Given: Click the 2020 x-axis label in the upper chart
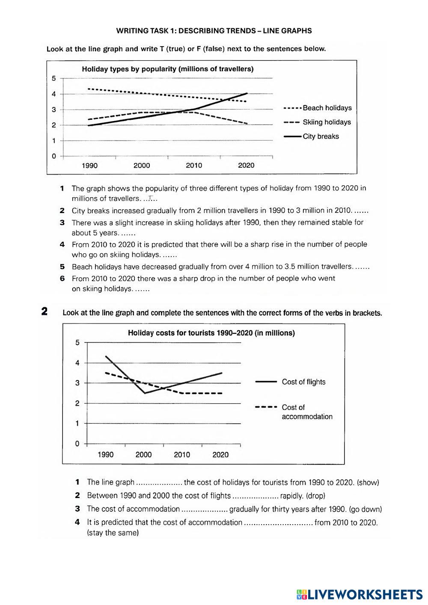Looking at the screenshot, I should coord(246,166).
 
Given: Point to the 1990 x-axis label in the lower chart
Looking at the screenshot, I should coord(106,455).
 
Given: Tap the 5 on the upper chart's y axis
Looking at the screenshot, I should coord(54,78).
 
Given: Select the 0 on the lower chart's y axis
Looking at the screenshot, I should coord(77,444).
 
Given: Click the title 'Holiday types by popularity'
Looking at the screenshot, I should coord(167,69).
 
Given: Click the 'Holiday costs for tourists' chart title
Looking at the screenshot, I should coord(211,333).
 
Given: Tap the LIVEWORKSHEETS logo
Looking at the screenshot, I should coord(359,594).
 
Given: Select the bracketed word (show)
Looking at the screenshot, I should coord(368,482).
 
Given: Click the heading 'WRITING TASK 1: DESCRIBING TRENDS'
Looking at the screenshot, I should coord(214,31).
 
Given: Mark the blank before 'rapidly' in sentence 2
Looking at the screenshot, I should coord(255,496).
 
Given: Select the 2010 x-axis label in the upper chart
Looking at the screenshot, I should coord(194,166).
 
